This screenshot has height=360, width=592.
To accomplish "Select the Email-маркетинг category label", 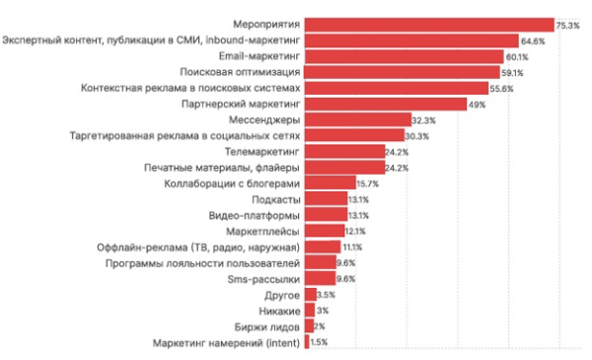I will tap(259, 56).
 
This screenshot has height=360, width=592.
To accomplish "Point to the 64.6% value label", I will tap(533, 40).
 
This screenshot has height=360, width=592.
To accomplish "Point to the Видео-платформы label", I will tap(255, 215).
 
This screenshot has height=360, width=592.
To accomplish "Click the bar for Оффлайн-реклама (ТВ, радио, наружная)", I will tap(323, 247).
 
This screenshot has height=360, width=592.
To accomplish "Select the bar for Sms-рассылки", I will tap(320, 279).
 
